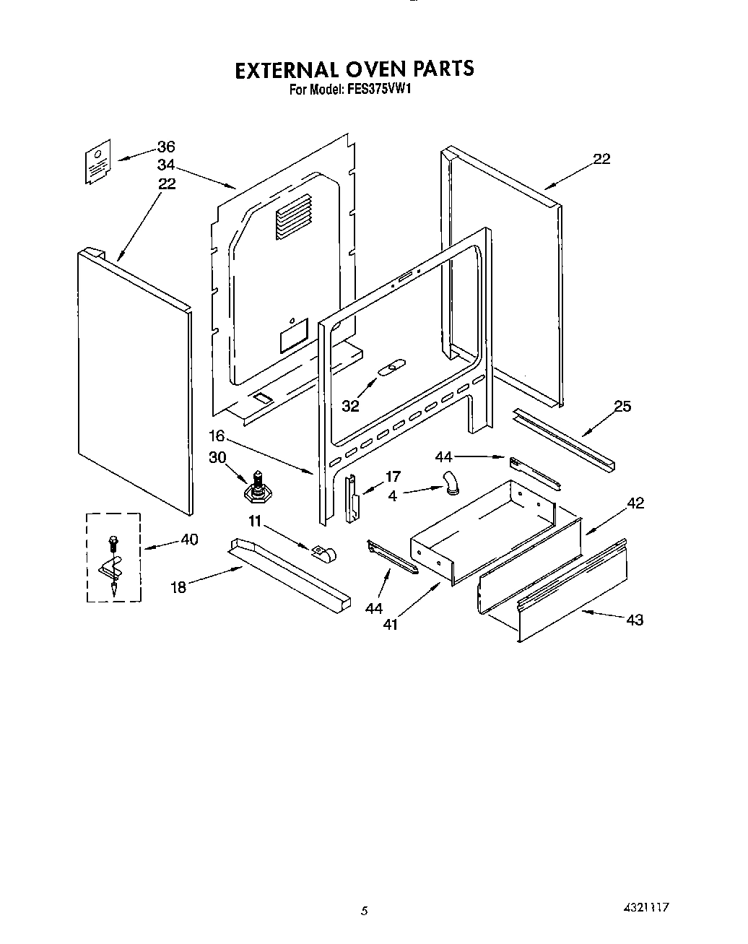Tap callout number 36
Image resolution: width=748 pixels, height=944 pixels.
[166, 147]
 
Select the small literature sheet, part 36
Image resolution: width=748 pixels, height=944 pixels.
[97, 163]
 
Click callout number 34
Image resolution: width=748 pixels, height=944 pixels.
[166, 165]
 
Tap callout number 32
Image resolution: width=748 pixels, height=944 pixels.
[350, 407]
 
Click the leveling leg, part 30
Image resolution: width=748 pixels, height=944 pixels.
[256, 488]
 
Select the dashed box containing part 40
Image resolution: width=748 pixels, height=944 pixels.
[113, 557]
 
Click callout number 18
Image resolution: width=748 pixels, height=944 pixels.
[178, 587]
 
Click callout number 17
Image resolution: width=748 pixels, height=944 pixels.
[393, 477]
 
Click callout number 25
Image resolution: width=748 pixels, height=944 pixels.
[622, 407]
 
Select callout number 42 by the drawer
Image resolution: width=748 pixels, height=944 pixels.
[635, 503]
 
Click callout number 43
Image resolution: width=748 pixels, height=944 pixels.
[635, 620]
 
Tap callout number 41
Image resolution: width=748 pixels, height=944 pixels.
[390, 624]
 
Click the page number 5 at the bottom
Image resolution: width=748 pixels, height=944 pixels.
[365, 911]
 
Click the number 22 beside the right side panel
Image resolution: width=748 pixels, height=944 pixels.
[601, 159]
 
